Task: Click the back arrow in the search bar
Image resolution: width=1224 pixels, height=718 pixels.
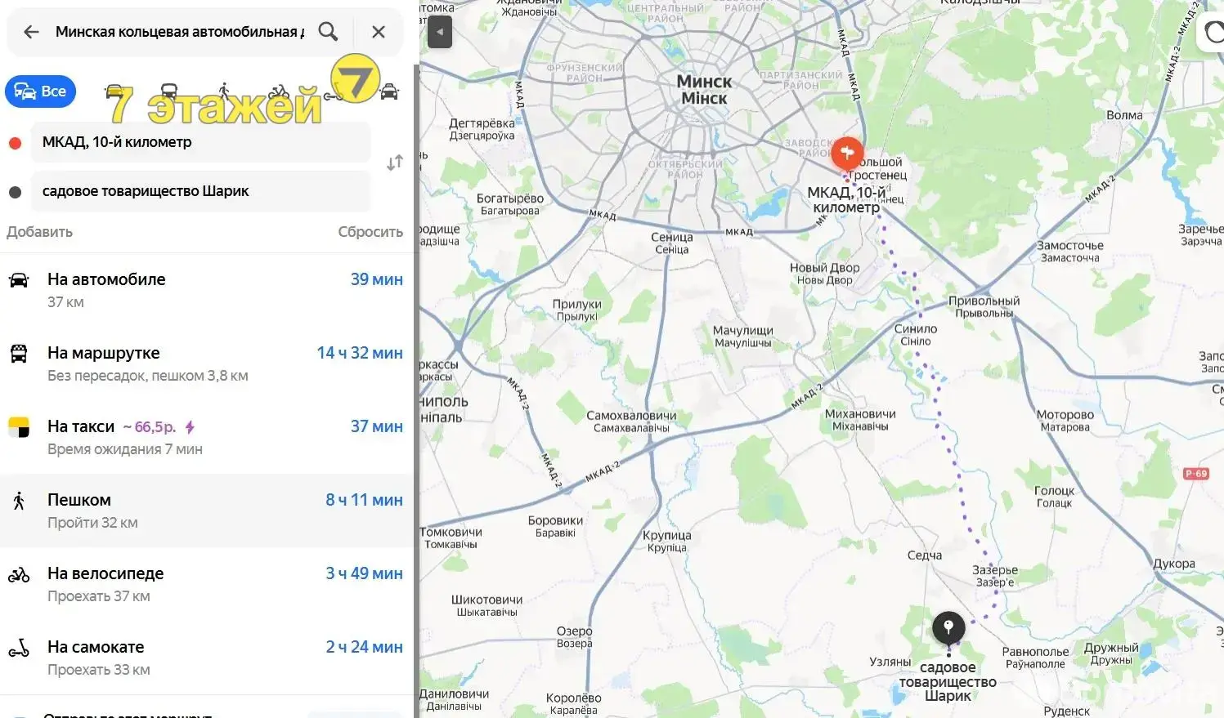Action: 31,32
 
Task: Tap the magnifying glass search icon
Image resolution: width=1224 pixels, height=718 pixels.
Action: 328,32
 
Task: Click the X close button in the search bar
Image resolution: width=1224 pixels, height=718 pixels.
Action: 378,32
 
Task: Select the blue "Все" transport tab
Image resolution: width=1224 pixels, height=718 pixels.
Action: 41,91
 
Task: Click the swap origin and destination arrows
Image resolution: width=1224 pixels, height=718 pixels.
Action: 395,163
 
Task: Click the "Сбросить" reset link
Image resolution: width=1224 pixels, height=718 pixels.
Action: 370,232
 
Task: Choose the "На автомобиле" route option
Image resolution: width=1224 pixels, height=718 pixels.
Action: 106,279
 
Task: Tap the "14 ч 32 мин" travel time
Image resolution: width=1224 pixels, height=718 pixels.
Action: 360,353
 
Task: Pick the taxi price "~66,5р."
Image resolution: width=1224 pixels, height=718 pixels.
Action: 150,427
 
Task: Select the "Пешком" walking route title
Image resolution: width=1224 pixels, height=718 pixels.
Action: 79,500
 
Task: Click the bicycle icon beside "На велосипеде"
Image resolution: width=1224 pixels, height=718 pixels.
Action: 19,575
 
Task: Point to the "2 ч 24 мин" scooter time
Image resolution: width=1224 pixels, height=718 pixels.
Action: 364,647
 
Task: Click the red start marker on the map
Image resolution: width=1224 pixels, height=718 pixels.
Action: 847,153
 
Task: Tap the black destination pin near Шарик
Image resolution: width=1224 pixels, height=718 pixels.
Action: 948,627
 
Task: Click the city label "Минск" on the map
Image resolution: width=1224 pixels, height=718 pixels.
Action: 704,83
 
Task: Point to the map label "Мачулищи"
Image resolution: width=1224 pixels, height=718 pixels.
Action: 742,331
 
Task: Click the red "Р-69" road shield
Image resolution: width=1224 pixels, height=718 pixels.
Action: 1196,474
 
